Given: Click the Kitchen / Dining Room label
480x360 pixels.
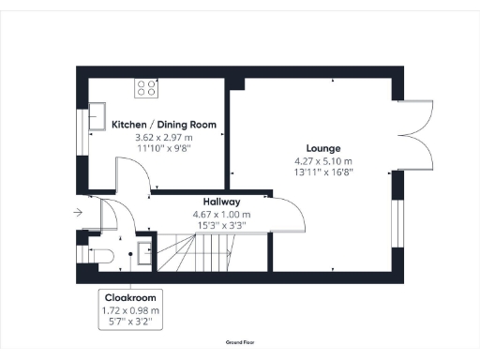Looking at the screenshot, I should click(x=164, y=125).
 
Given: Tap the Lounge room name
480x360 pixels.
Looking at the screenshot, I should click(x=322, y=148).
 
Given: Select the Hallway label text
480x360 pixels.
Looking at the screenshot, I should click(x=222, y=202).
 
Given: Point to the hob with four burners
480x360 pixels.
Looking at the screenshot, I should click(x=147, y=89).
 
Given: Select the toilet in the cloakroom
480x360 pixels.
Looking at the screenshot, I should click(x=97, y=254).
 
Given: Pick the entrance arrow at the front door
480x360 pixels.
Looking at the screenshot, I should click(x=76, y=212).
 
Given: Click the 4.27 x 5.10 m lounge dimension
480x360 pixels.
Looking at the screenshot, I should click(x=322, y=160).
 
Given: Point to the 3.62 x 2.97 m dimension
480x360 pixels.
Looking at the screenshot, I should click(x=164, y=137).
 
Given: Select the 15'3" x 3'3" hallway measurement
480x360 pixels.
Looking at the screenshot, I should click(x=222, y=225).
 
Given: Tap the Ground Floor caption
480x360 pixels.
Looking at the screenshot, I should click(x=241, y=344).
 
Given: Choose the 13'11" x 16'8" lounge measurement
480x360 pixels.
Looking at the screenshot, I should click(x=322, y=172).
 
